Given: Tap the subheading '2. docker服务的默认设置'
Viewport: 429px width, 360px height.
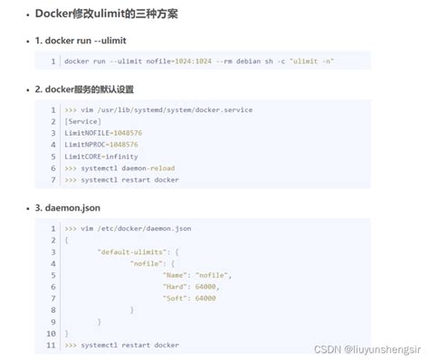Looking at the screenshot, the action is (97, 90).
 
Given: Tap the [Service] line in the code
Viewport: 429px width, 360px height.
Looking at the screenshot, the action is (82, 121).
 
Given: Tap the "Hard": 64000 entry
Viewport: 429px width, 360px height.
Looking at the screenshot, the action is (189, 287).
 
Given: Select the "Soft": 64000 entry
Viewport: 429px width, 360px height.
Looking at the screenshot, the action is (189, 298).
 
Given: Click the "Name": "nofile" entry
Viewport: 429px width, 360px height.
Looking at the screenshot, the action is (196, 275).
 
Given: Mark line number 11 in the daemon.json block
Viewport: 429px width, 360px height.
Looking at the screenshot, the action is (52, 346).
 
